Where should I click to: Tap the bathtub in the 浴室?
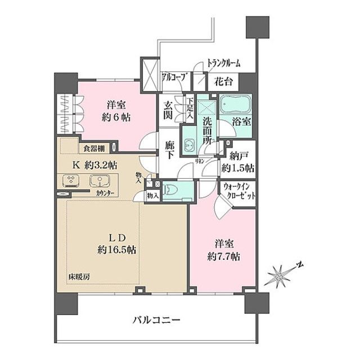pos(236,106)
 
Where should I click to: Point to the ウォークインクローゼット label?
pos(240,191)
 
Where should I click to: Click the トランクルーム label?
pos(223,63)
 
